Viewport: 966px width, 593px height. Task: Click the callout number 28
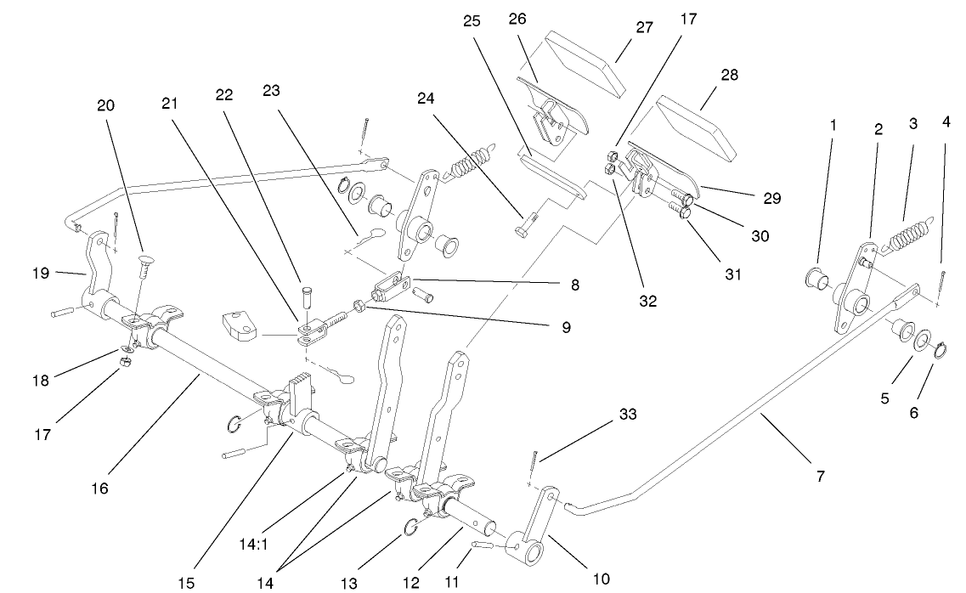728,75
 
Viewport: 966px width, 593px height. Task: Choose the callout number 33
628,415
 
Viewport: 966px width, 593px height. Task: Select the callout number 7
820,477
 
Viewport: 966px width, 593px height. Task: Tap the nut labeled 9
360,303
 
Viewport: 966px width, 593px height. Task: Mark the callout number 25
472,21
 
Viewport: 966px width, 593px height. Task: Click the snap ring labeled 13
409,528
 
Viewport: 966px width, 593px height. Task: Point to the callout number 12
411,583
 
